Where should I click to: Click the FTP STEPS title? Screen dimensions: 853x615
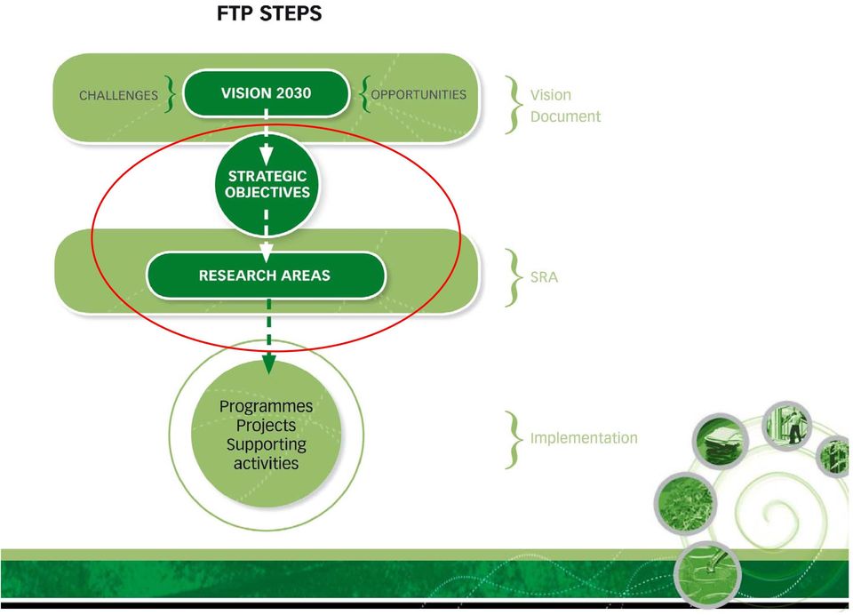coord(268,13)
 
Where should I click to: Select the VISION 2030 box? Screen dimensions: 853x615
coord(266,93)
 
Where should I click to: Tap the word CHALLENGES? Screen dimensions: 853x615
coord(118,95)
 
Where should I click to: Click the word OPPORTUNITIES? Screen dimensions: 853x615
coord(419,95)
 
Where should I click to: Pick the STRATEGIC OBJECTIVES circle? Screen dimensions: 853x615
coord(267,184)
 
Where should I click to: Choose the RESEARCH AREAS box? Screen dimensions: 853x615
coord(266,276)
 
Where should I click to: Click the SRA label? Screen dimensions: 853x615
coord(544,277)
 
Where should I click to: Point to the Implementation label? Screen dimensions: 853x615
coord(584,437)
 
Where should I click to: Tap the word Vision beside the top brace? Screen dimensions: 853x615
coord(551,95)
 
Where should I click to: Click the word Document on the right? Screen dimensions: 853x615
coord(565,116)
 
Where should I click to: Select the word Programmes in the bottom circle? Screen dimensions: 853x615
coord(266,406)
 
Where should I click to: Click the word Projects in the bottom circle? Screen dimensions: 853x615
coord(266,425)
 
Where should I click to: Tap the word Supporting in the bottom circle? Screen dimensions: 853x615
coord(266,444)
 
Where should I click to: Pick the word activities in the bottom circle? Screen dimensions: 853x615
coord(266,463)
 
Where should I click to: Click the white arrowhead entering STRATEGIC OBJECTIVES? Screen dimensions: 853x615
coord(266,156)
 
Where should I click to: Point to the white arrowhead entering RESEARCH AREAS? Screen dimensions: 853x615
coord(266,252)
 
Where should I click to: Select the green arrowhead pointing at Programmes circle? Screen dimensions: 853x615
coord(268,363)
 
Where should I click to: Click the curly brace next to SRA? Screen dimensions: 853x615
coord(513,277)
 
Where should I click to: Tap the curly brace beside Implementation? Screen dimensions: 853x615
coord(513,440)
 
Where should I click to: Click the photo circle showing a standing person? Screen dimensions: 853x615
coord(786,426)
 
